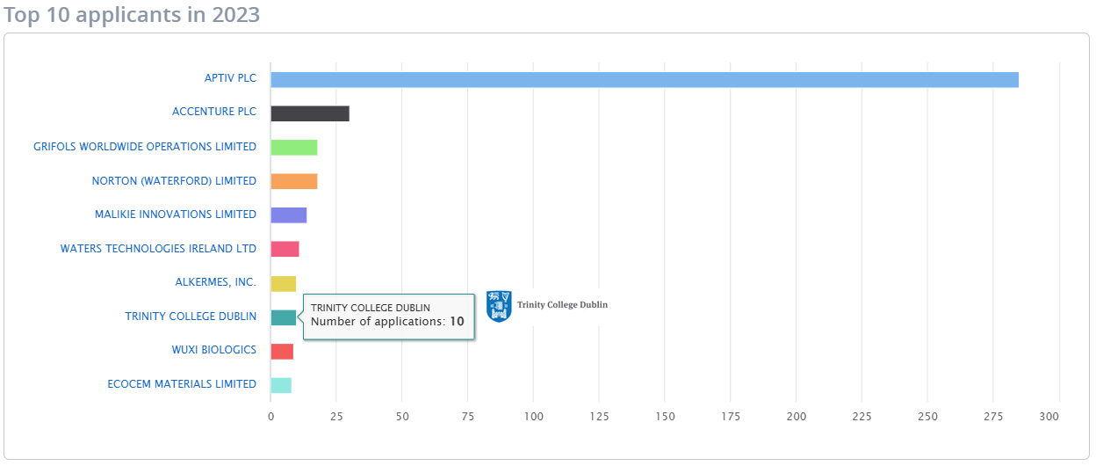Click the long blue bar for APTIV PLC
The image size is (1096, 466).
[x=644, y=80]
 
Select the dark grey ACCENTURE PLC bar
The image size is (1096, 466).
[x=309, y=113]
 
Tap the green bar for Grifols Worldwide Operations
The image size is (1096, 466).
[x=293, y=148]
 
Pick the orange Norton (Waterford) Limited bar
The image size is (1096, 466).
[x=293, y=181]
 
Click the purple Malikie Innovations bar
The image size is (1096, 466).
[x=288, y=215]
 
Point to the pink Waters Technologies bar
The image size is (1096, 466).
[x=285, y=249]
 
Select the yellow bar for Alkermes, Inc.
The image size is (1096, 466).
[x=283, y=283]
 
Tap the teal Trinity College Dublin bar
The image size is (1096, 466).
[x=283, y=317]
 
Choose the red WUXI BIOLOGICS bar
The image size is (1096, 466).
[x=281, y=352]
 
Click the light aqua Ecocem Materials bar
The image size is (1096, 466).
[x=280, y=385]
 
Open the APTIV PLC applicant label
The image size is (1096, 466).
[x=230, y=78]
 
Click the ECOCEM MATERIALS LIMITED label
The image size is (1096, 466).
[x=182, y=384]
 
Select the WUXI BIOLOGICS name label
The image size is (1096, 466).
[x=214, y=350]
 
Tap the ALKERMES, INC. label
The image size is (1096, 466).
[x=216, y=282]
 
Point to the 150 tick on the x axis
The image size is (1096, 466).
[x=665, y=417]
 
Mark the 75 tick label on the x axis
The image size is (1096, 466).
[x=467, y=417]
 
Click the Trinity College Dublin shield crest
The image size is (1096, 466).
[x=499, y=306]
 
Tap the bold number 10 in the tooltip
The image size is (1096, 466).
[x=457, y=322]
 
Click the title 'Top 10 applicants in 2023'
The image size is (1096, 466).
[x=132, y=15]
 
